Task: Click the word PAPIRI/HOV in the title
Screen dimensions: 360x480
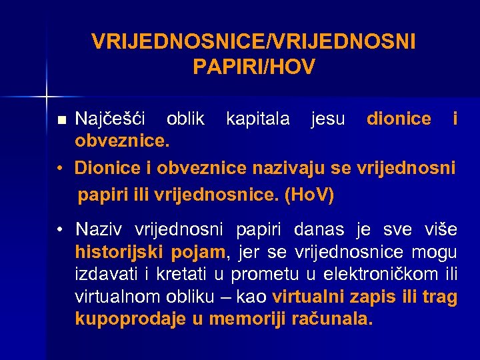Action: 253,67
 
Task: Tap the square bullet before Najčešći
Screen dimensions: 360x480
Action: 62,121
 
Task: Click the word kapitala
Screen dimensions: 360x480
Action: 257,119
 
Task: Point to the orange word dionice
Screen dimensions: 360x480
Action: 399,119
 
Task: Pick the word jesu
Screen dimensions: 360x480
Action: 328,119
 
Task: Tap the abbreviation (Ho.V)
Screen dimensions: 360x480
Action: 309,196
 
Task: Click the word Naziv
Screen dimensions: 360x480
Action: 99,230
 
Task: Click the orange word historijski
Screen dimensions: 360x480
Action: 113,253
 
